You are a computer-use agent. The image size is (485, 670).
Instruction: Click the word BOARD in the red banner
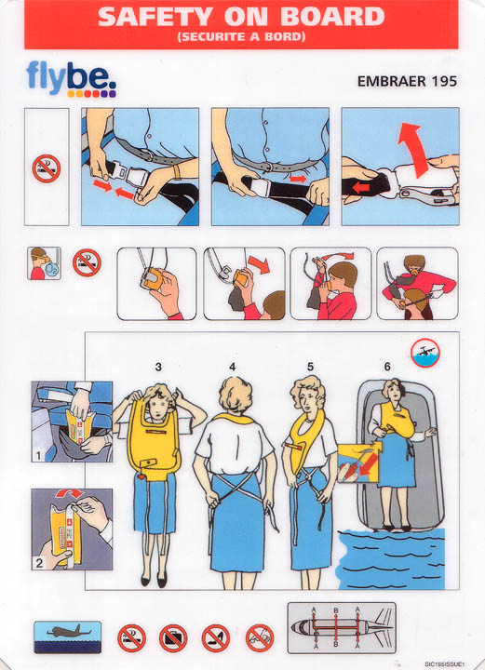tap(333, 17)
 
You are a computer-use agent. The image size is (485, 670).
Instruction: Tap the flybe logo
tap(71, 79)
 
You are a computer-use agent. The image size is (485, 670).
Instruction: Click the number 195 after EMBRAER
tap(444, 81)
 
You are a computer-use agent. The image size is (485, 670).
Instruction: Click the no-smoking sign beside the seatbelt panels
tap(47, 168)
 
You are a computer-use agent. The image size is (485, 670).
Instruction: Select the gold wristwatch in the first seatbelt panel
tap(177, 171)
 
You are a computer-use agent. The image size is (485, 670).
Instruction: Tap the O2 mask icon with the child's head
tap(44, 263)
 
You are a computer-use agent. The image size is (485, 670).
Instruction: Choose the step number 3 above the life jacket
tap(158, 367)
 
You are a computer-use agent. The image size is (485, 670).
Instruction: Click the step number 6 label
tap(387, 367)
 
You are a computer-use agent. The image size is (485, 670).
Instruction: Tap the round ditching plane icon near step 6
tap(425, 353)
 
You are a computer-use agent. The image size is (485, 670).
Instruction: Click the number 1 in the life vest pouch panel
tap(38, 456)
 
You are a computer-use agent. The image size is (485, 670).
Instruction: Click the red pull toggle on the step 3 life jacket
tap(141, 476)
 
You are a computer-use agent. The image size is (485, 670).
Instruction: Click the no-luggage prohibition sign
tap(173, 638)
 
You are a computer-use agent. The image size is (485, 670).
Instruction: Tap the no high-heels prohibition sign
tap(216, 638)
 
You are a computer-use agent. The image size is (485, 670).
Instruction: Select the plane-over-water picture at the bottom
tap(68, 637)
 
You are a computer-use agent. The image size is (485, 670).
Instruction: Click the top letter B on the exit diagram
tap(336, 610)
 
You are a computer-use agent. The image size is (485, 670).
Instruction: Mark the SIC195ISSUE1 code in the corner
tap(444, 663)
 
